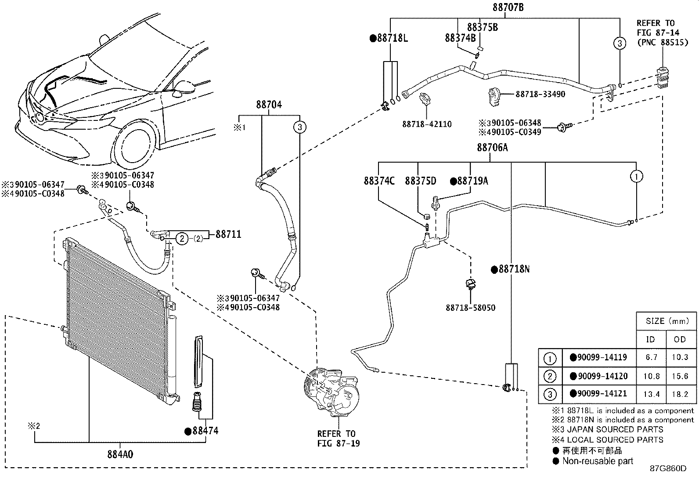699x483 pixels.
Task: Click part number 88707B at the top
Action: [508, 7]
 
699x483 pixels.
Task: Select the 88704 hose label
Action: [269, 105]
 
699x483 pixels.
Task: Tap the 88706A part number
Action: [493, 148]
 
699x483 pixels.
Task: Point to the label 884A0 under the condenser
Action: [120, 454]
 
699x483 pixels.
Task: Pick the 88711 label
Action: [228, 234]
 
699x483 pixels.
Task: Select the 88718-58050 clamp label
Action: [471, 308]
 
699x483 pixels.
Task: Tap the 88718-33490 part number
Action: [540, 94]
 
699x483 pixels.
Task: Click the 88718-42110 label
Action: [427, 124]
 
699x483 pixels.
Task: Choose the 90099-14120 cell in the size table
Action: [599, 376]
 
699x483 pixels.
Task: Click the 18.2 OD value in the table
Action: [680, 394]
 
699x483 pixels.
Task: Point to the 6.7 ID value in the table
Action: [651, 357]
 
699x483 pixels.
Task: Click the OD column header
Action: [680, 339]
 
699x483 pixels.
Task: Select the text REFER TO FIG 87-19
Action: [339, 438]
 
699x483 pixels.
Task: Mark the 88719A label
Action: [469, 181]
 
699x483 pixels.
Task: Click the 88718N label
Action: [511, 269]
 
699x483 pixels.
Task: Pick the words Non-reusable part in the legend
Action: [598, 461]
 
